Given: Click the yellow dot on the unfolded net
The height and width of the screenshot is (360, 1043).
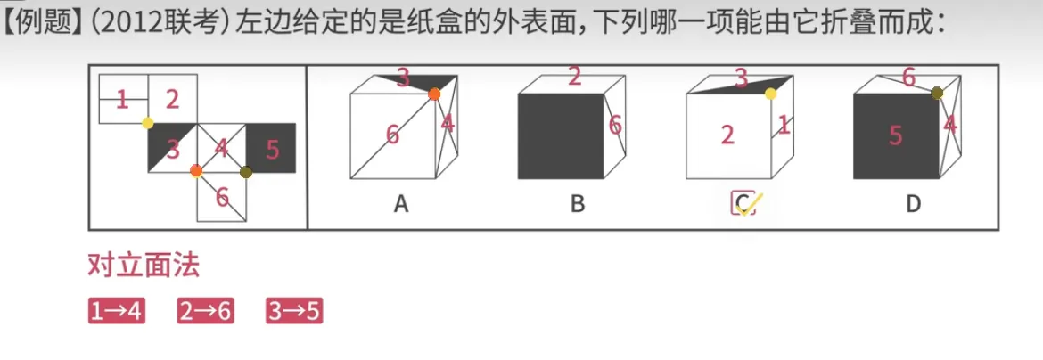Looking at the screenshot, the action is tap(148, 123).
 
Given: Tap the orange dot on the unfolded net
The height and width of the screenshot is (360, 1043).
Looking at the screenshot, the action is tap(196, 170).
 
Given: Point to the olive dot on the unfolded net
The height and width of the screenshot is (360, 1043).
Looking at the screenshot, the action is tap(246, 171).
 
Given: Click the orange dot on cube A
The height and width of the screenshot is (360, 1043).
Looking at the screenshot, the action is tap(434, 94).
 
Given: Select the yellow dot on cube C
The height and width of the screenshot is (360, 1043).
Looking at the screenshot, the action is tap(770, 93).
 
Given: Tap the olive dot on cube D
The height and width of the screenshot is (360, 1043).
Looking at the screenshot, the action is tap(938, 93).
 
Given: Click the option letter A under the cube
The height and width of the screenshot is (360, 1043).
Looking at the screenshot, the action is tap(401, 205).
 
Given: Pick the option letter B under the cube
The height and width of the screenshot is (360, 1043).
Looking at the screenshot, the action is tap(578, 205).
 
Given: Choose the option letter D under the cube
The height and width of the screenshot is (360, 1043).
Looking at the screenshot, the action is tap(913, 205).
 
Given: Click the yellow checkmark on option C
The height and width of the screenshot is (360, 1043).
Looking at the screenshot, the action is tap(746, 205).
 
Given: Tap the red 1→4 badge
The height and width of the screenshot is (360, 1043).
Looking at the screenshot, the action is tap(116, 311).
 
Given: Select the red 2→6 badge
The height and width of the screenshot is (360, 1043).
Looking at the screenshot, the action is tap(205, 311).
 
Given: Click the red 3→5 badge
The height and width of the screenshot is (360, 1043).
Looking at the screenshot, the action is tap(294, 311).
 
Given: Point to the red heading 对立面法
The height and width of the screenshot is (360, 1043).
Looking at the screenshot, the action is tap(144, 266).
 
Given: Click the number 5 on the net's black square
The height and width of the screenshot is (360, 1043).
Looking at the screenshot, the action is tap(273, 149).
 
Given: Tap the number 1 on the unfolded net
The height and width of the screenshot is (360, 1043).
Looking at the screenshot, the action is tap(122, 100).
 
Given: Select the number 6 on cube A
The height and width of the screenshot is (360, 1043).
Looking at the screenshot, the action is tap(392, 135).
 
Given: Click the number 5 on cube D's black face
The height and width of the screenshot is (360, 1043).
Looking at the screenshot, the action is tap(895, 135).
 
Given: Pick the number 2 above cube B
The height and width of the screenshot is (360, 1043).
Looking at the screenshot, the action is tap(575, 77).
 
